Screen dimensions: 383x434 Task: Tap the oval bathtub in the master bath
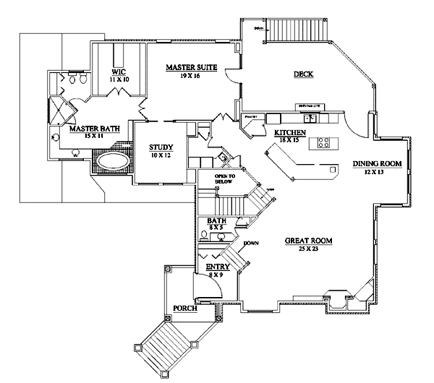[x=112, y=160]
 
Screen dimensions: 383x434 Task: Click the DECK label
[x=303, y=74]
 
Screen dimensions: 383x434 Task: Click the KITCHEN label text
[x=289, y=133]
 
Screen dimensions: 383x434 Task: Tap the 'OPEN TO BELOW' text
[x=226, y=179]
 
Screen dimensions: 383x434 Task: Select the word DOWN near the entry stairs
[x=251, y=243]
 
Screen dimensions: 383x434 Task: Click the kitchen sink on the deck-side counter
[x=310, y=116]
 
